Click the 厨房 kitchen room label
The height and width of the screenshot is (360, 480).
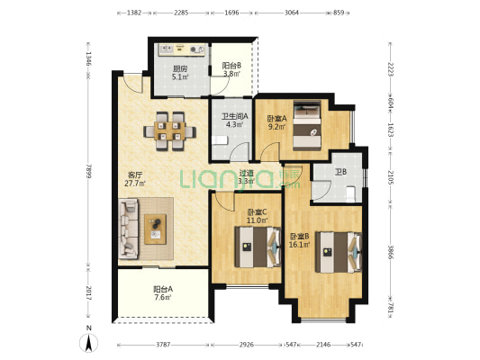point(180,68)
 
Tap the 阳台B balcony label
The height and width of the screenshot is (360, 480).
point(231,66)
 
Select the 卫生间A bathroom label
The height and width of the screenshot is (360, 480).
point(235,116)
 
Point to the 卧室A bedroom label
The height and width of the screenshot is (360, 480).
point(276,119)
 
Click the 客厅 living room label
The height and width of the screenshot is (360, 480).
point(135,175)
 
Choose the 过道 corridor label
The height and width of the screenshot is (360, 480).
point(247,173)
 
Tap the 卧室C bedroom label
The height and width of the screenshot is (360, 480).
point(258,212)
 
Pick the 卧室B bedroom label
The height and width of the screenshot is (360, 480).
point(300,236)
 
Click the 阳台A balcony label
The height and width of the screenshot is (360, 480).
point(163,289)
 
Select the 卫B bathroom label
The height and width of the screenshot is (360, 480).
point(340,172)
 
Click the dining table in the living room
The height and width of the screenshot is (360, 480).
point(170,131)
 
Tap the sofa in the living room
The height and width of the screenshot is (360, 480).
point(128,229)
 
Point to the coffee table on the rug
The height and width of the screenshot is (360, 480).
point(155,229)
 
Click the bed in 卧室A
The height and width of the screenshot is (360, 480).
point(307,126)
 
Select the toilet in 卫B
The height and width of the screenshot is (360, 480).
point(350,194)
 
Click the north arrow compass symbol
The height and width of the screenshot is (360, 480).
point(89,343)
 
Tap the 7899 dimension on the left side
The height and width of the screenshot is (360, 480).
point(89,171)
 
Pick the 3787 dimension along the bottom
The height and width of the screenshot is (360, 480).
point(163,345)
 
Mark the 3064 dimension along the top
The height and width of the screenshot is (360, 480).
point(292,13)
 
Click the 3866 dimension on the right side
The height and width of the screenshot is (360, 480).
point(391,252)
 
